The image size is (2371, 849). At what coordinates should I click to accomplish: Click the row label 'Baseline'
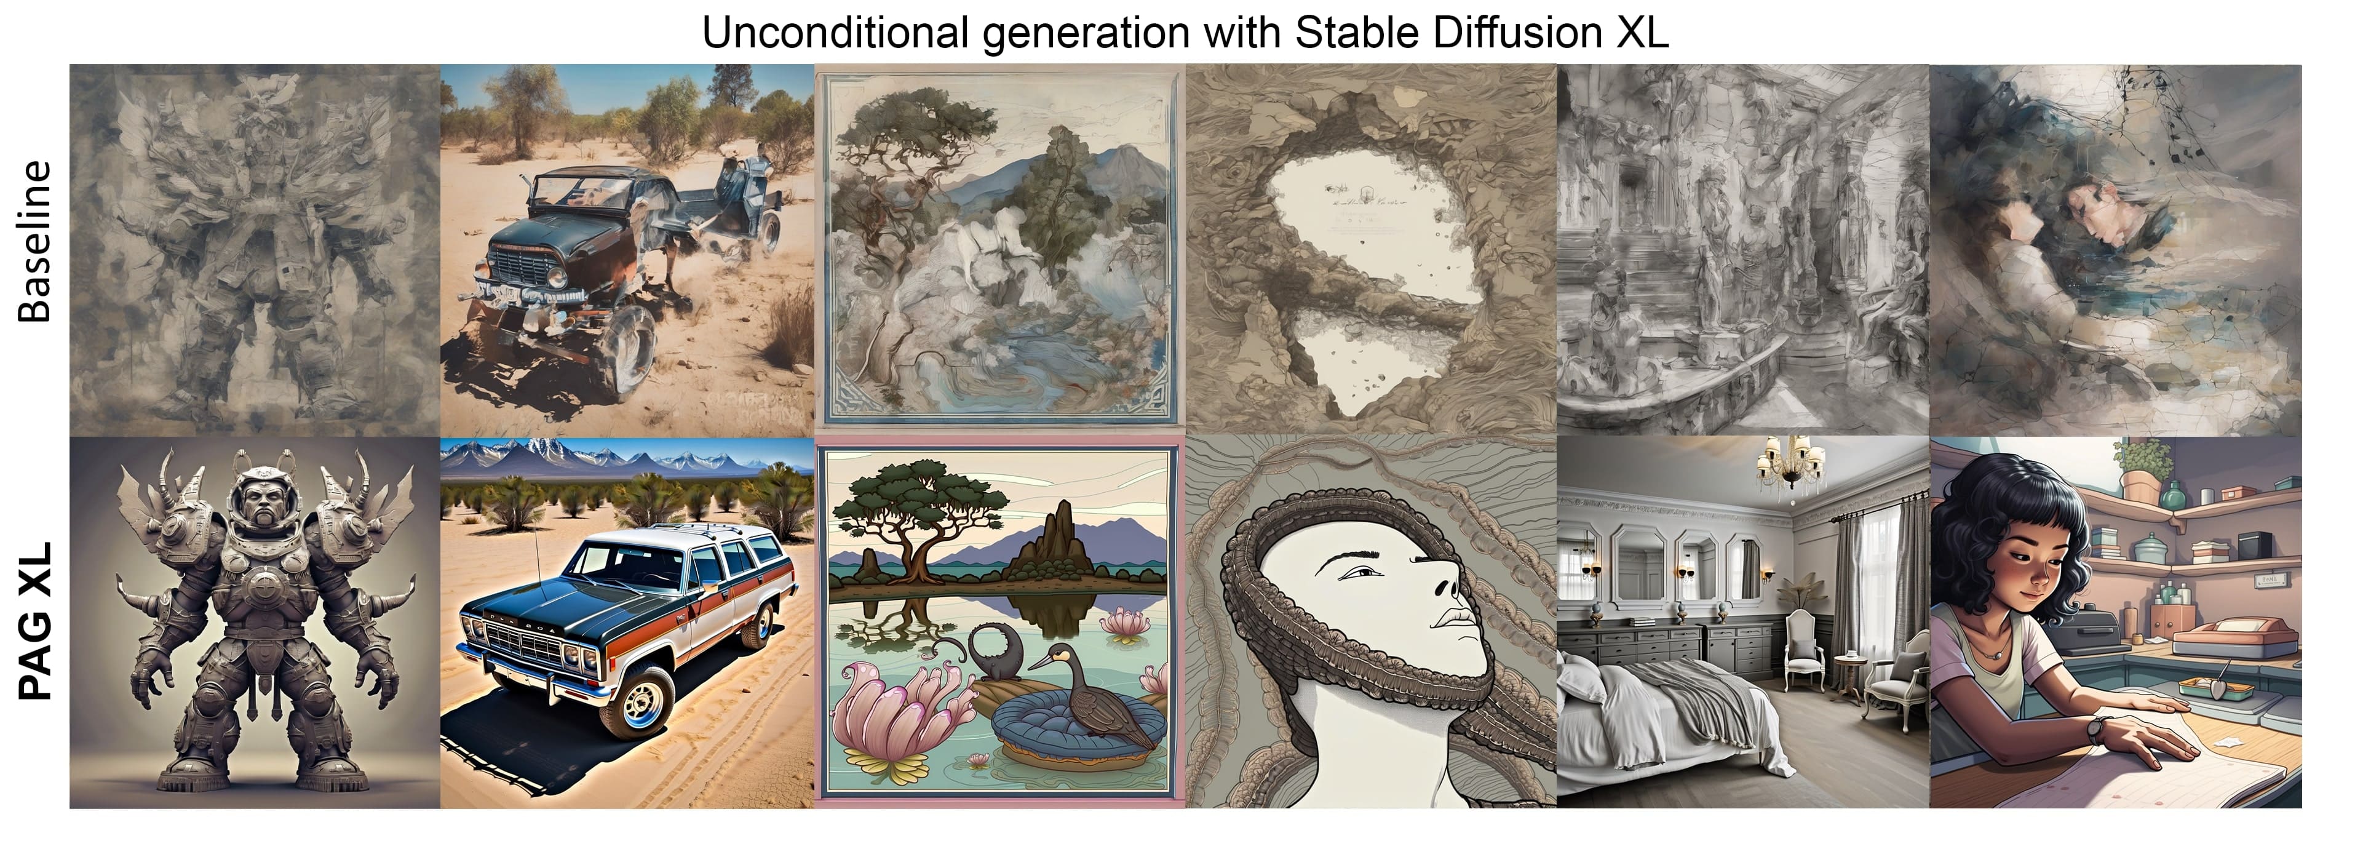(35, 241)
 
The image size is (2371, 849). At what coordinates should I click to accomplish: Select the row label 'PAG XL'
(35, 621)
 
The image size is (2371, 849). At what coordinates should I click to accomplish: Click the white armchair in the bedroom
(1804, 648)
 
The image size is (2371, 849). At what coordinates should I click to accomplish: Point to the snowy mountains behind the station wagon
(626, 456)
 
